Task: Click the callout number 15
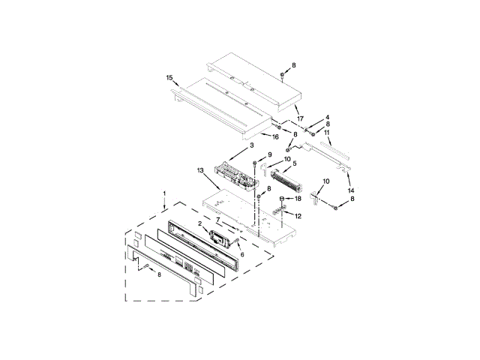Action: tap(169, 78)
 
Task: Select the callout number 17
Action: tap(300, 118)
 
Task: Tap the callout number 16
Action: tap(275, 136)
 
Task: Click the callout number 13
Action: tap(200, 170)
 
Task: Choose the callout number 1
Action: tap(164, 193)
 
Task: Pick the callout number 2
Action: tap(200, 223)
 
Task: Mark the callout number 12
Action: tap(298, 216)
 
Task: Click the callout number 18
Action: tap(298, 199)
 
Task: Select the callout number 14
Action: tap(351, 190)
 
